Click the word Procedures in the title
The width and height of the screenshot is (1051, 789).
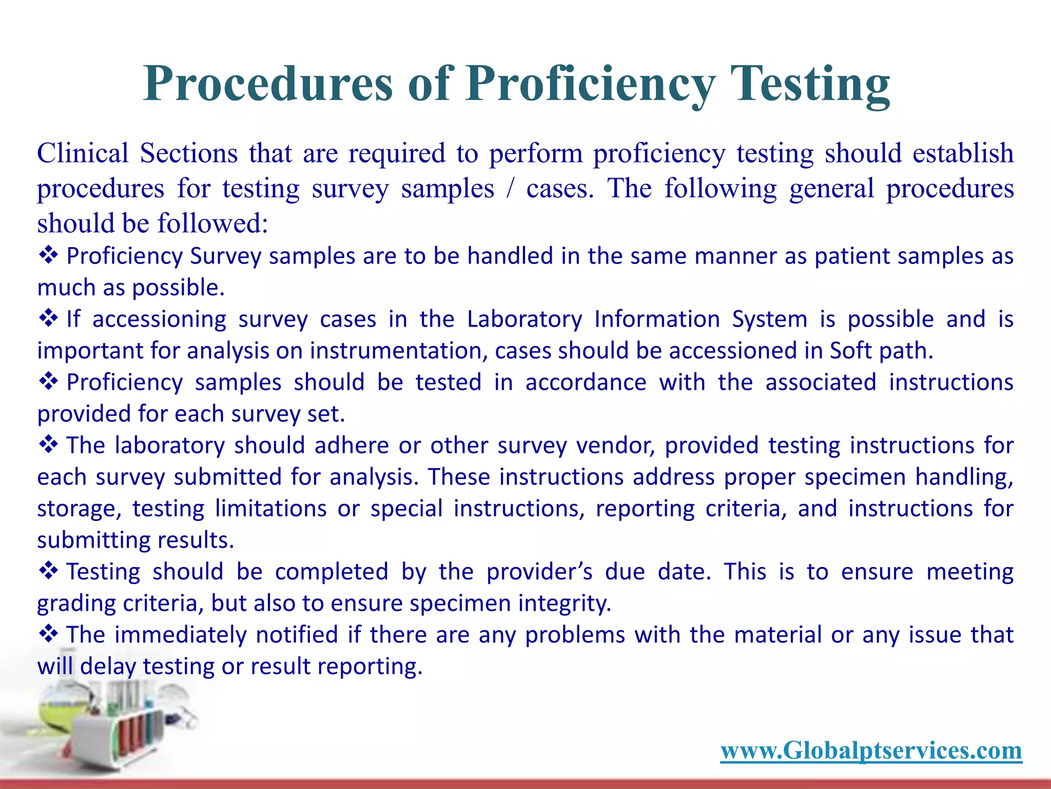pos(267,84)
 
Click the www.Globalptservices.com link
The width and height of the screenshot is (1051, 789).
pos(871,750)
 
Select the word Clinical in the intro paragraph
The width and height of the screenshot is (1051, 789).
pos(83,153)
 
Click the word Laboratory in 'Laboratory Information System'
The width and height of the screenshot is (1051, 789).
pos(524,319)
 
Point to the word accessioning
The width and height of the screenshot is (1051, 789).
pos(159,320)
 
